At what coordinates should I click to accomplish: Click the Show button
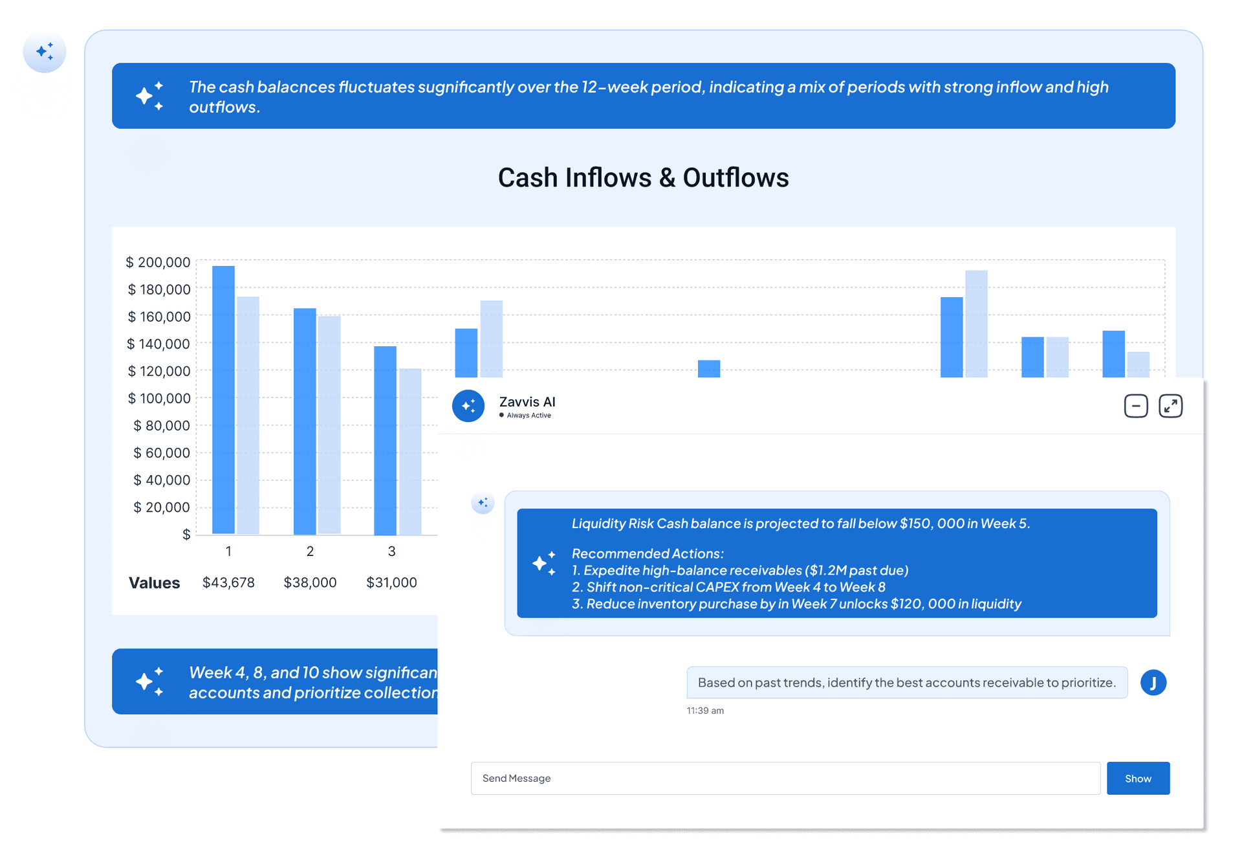point(1137,778)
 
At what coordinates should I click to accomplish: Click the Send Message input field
point(785,778)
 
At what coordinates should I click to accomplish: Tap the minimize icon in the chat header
point(1135,406)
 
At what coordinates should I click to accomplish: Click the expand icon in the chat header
point(1170,406)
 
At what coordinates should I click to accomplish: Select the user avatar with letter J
point(1153,682)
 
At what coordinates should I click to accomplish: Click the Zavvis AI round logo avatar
point(468,406)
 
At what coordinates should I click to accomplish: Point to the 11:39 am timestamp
point(705,711)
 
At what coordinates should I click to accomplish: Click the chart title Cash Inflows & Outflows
point(643,178)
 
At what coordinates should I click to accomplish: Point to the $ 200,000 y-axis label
point(158,262)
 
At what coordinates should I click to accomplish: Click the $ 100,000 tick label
point(159,398)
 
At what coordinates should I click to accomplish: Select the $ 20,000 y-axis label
point(162,507)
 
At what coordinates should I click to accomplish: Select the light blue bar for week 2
point(329,425)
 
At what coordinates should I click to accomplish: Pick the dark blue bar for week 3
point(385,440)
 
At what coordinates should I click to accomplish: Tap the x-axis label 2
point(310,551)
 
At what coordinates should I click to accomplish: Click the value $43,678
point(228,583)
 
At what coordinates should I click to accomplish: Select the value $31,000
point(391,583)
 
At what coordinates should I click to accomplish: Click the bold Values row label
point(154,583)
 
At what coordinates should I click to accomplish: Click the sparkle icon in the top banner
point(149,96)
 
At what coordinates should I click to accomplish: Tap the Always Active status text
point(528,416)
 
